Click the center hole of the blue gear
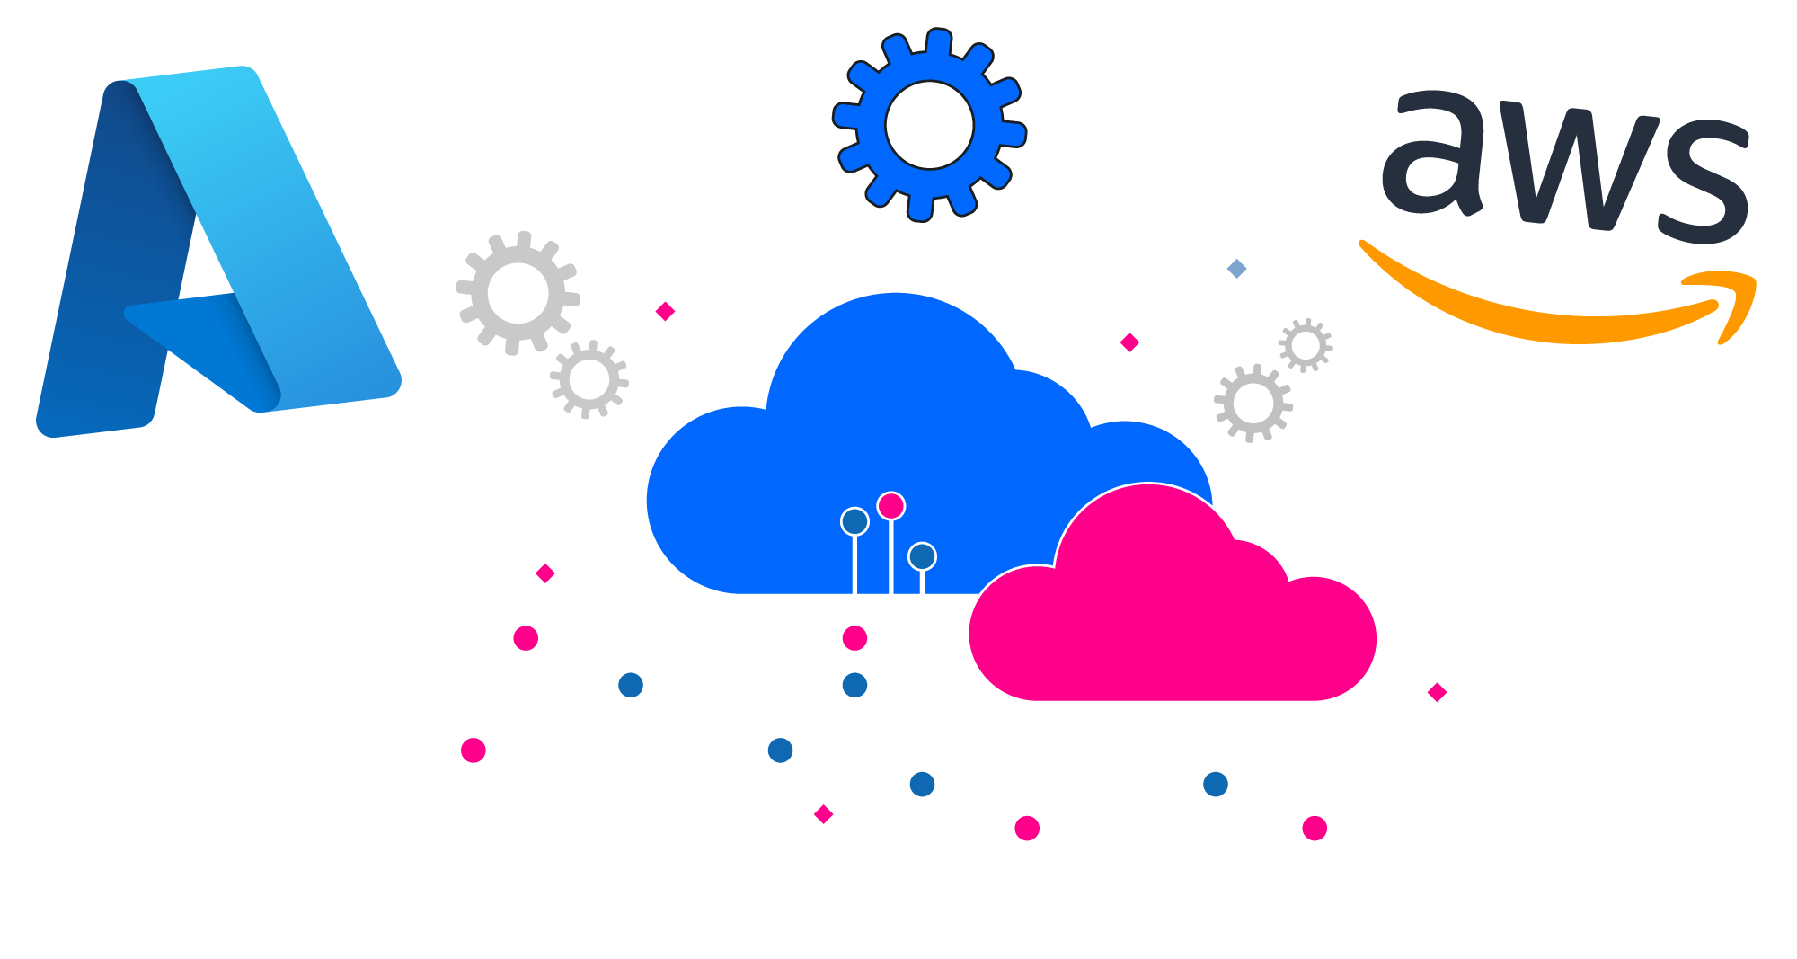click(929, 125)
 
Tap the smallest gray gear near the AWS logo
click(1306, 345)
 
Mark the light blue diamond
click(1236, 268)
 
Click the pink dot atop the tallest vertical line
click(890, 506)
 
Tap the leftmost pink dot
click(473, 750)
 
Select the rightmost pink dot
click(1315, 828)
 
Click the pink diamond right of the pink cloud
click(1437, 692)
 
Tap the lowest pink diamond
click(823, 814)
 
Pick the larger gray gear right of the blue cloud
click(1253, 404)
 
